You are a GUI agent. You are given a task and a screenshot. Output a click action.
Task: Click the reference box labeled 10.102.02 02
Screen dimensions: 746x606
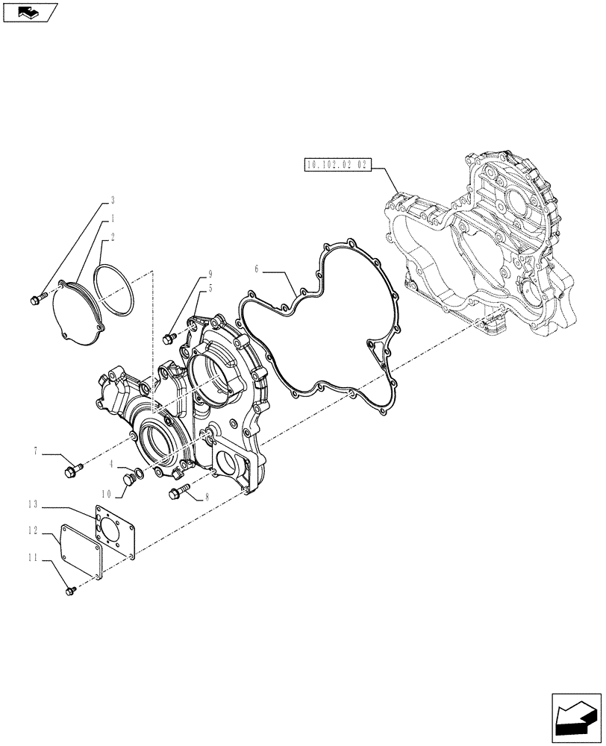(x=337, y=166)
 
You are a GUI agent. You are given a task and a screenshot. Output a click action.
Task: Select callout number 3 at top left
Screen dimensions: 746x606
(x=112, y=200)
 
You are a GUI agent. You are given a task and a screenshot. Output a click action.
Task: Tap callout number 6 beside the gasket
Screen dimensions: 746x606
(x=256, y=269)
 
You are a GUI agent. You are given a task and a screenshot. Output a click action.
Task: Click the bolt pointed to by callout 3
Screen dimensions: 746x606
(x=37, y=299)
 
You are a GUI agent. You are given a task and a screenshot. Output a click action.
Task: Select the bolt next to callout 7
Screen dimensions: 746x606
(x=73, y=470)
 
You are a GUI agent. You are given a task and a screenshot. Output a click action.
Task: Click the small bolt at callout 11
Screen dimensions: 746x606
(x=71, y=590)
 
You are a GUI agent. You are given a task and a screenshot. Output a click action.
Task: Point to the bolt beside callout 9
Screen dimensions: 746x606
(x=168, y=337)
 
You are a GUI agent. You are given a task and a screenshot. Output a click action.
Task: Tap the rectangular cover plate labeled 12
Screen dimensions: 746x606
(x=81, y=551)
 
